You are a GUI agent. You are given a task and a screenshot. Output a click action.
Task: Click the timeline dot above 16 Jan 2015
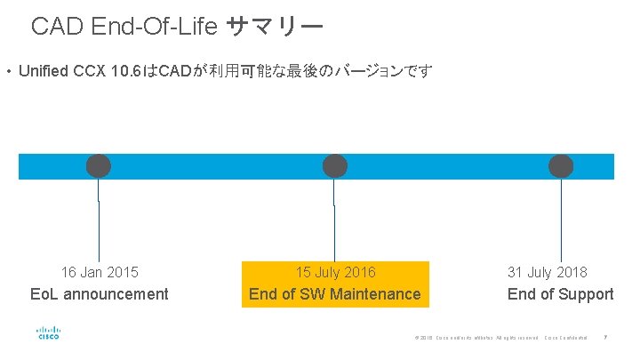(x=98, y=165)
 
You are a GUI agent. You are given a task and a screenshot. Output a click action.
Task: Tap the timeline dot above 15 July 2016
(x=334, y=165)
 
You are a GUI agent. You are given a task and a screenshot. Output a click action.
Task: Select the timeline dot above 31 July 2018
(x=561, y=165)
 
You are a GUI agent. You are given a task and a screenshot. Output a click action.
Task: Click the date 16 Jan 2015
(x=100, y=272)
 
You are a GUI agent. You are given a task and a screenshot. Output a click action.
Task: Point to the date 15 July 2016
(x=335, y=272)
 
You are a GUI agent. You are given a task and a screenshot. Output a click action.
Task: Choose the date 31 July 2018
(x=547, y=272)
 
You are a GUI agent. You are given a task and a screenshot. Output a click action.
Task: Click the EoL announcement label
(x=100, y=294)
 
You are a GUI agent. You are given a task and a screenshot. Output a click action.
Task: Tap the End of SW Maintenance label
(x=335, y=294)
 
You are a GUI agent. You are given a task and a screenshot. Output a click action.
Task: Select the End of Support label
(x=560, y=294)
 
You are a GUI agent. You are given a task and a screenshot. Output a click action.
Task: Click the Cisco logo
(x=48, y=335)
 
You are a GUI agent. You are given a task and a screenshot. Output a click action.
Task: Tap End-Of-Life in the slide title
(x=155, y=27)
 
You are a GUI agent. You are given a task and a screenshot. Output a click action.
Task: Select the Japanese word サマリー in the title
(x=274, y=27)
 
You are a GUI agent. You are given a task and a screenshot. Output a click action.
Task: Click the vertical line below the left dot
(x=99, y=222)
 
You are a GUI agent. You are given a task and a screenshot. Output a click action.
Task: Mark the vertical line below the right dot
(x=561, y=222)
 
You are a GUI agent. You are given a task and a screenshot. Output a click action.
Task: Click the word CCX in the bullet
(x=92, y=71)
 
